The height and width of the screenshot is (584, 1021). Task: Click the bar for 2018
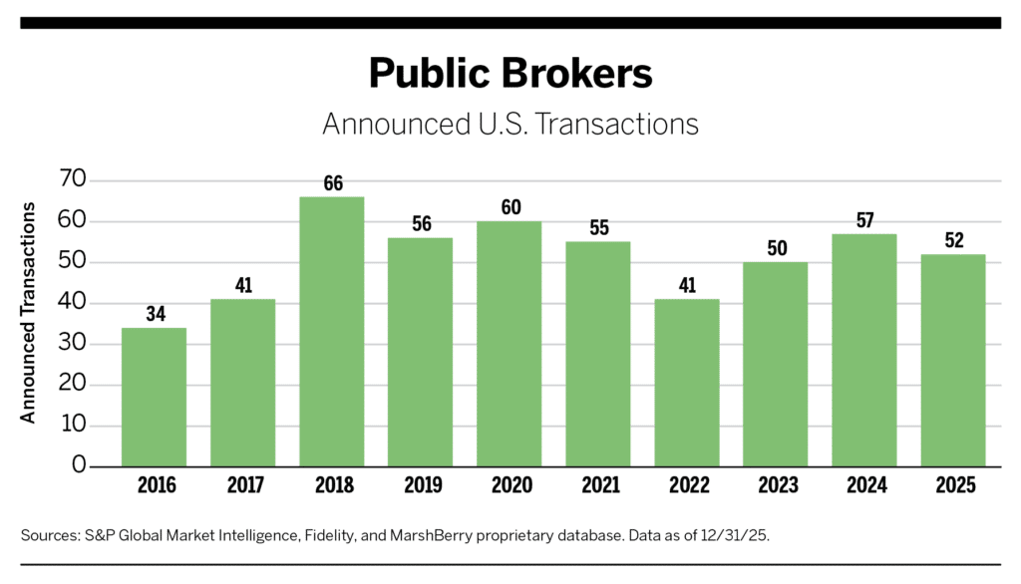tap(332, 331)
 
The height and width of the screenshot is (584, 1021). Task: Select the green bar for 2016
tap(154, 397)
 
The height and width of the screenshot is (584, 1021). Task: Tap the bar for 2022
tap(686, 383)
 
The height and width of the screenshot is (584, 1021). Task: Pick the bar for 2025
tap(952, 360)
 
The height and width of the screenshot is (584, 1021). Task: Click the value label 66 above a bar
tap(332, 183)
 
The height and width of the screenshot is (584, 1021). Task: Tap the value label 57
tap(863, 221)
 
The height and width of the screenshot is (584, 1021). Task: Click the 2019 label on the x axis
tap(421, 486)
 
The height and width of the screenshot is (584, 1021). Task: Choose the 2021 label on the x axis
tap(598, 486)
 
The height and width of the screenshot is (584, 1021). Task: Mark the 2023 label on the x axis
tap(776, 486)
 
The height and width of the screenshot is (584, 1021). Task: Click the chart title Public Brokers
tap(510, 74)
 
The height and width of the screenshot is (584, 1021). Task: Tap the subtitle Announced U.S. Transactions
tap(510, 125)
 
